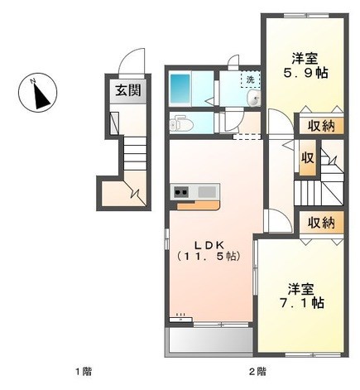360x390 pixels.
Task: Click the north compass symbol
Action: pos(37,93)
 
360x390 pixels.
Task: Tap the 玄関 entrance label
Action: pos(128,90)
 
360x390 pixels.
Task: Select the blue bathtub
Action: pos(180,89)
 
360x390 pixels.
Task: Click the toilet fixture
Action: pos(180,125)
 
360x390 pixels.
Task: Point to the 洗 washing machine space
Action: pos(250,79)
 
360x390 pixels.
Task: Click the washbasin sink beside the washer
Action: pos(254,98)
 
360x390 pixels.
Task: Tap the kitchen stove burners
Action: pos(181,191)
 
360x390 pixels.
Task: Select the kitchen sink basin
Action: pos(207,191)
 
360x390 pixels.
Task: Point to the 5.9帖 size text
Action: pos(305,73)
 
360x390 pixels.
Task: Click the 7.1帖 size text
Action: pos(301,303)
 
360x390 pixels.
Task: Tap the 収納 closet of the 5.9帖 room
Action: pos(321,126)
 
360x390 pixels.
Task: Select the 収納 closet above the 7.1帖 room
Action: pos(321,223)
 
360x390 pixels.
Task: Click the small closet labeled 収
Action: pos(308,157)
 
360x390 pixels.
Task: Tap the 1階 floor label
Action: pos(84,371)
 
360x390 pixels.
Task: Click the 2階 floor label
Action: pos(258,371)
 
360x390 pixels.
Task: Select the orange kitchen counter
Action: pos(198,205)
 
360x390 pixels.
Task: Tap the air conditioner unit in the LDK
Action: pos(180,319)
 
